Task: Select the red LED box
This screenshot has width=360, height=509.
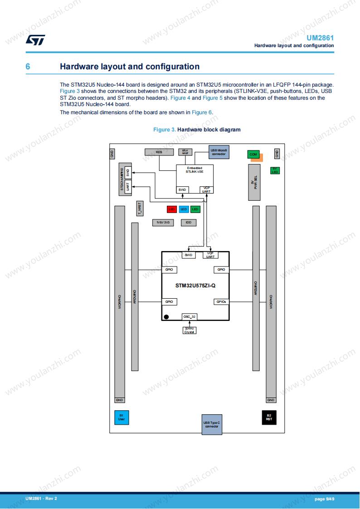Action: click(x=172, y=209)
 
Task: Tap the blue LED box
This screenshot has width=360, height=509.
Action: click(x=184, y=209)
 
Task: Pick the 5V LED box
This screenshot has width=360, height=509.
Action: click(x=275, y=171)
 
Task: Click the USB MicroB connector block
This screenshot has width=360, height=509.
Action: click(x=219, y=152)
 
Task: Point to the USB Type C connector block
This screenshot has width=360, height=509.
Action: click(x=212, y=425)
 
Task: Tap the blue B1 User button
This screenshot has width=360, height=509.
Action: click(x=121, y=417)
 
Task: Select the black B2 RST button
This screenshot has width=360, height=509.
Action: click(x=269, y=417)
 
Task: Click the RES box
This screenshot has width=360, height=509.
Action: click(x=159, y=152)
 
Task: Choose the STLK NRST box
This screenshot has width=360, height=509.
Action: click(x=185, y=152)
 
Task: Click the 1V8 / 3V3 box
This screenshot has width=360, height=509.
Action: click(x=163, y=223)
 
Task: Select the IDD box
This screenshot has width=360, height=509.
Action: click(x=188, y=223)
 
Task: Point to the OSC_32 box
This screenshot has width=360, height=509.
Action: click(x=189, y=317)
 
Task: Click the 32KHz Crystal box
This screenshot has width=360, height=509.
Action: click(x=189, y=330)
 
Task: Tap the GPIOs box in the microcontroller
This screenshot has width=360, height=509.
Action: click(x=221, y=301)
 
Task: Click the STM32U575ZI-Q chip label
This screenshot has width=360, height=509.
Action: click(x=195, y=286)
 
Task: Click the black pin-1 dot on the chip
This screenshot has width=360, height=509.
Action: click(x=166, y=317)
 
